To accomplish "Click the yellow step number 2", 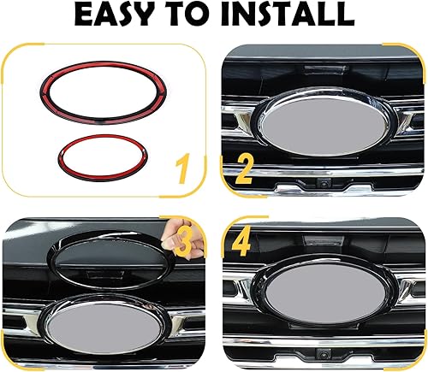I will [x=243, y=169].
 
